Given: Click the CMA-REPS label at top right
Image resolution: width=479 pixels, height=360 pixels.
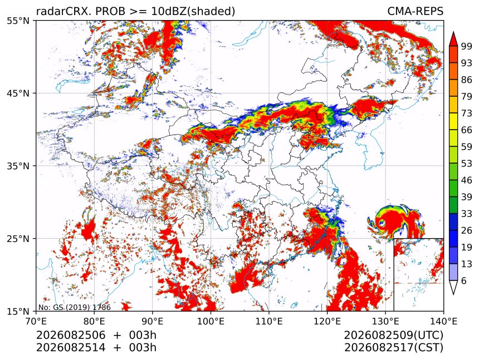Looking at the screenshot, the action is (415, 11).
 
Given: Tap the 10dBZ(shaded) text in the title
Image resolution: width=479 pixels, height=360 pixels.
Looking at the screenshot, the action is (193, 12).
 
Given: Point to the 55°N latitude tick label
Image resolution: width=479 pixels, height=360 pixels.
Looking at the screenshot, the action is (18, 21).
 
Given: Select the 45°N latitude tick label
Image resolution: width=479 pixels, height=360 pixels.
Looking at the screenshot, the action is (18, 93).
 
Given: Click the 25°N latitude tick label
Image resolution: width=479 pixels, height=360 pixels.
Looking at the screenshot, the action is (18, 238).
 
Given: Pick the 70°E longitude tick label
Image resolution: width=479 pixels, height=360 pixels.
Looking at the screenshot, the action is (36, 321).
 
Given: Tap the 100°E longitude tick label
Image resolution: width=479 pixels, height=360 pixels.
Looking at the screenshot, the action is (211, 321).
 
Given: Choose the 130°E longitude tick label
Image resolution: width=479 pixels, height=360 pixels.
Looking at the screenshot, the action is (385, 321).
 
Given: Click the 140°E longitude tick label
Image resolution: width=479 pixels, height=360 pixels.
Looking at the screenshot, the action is (443, 321).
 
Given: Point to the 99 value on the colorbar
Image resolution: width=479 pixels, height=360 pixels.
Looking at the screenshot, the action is (467, 46).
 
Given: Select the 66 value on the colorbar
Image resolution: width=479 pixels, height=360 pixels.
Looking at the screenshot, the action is (467, 130).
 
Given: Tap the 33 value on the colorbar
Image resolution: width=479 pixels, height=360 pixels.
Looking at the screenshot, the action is (467, 214).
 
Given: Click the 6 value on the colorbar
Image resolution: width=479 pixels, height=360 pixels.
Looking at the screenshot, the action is (464, 280).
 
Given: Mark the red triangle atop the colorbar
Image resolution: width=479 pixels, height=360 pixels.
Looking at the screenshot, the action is (453, 40).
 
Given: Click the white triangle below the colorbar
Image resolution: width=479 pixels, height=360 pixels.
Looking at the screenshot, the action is (453, 286).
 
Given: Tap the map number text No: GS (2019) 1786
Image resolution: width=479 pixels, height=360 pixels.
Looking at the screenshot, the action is (75, 307).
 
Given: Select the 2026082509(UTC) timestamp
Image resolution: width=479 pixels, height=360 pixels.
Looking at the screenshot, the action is (393, 335).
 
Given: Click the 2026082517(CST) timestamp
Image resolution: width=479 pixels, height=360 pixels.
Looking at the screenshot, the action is (393, 348).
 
